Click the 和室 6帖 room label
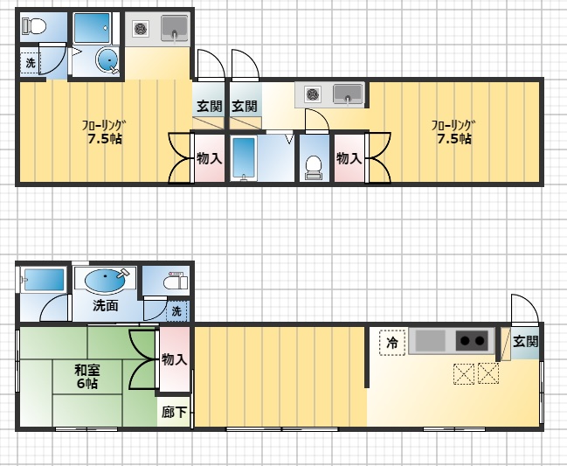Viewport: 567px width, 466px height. click(86, 377)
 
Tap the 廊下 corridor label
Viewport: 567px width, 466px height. click(174, 412)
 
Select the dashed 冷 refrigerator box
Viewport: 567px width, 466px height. click(392, 342)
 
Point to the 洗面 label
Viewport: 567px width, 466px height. click(105, 306)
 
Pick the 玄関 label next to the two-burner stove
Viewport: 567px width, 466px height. click(525, 342)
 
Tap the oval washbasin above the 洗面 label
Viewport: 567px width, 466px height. click(105, 281)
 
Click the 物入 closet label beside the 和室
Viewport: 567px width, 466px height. click(175, 359)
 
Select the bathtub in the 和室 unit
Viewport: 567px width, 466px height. click(44, 280)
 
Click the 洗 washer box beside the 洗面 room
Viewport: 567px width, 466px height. click(177, 310)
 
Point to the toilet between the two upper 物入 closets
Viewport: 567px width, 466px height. click(313, 168)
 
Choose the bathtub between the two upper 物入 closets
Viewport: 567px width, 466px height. click(244, 158)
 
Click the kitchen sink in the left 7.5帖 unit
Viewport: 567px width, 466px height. click(175, 27)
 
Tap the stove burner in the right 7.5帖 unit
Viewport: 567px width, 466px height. click(312, 94)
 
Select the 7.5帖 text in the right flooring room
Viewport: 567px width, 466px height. click(454, 139)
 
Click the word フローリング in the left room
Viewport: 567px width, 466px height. click(103, 126)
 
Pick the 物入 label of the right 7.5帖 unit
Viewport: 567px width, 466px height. click(349, 158)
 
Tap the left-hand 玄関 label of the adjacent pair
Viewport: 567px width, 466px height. click(210, 107)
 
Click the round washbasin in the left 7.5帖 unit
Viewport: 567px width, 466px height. click(107, 59)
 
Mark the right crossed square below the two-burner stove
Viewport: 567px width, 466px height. click(488, 373)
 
